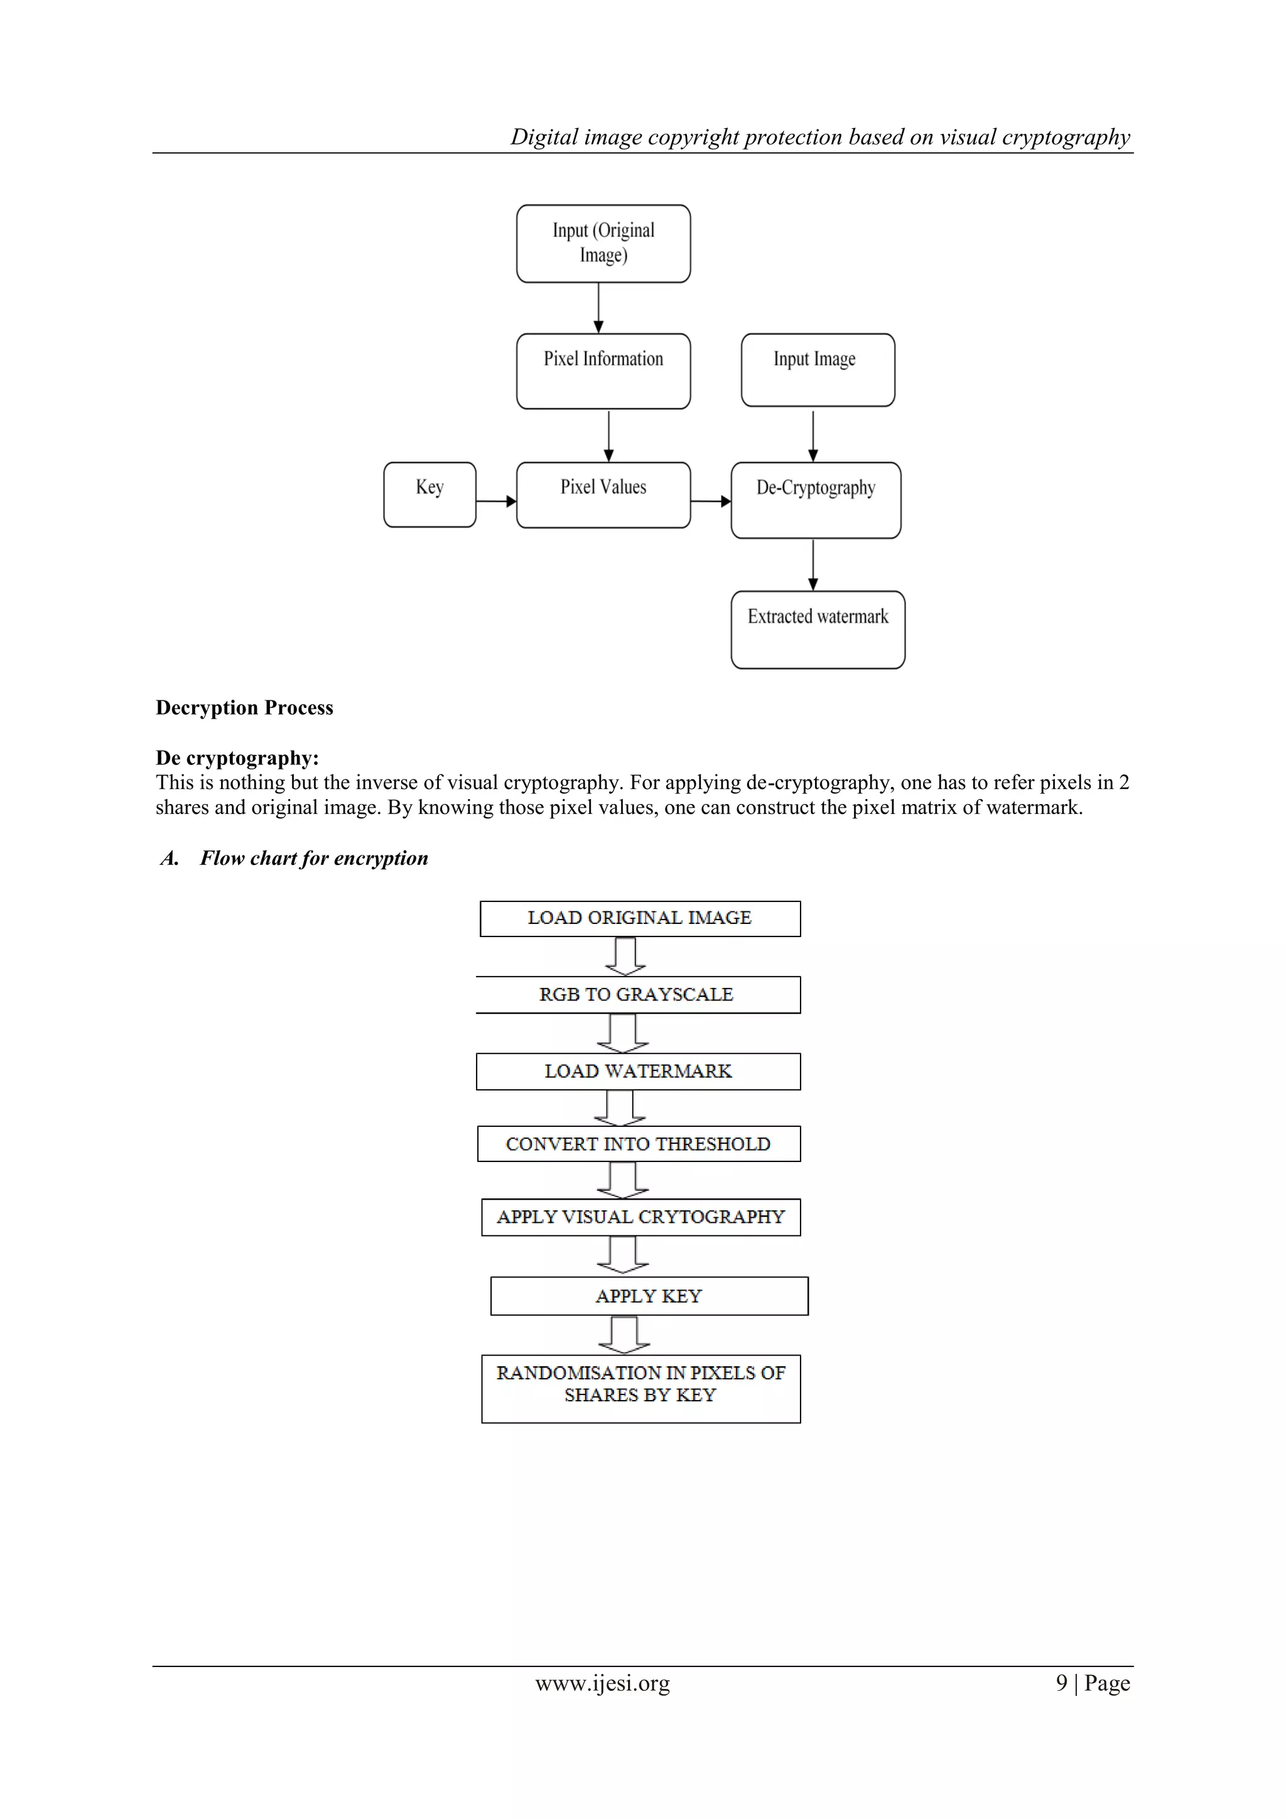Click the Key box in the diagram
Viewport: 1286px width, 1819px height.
click(430, 494)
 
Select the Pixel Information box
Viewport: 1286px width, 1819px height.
click(603, 371)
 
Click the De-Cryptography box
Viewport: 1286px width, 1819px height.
click(816, 500)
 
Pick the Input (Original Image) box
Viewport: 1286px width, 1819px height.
click(603, 243)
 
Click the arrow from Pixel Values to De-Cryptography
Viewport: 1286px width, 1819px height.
click(710, 501)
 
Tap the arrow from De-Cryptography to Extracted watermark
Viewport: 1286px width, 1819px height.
click(813, 565)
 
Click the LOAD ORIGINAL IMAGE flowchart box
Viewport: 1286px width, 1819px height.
click(640, 918)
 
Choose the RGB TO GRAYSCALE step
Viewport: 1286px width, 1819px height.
click(638, 994)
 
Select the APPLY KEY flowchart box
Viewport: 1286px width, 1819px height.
click(649, 1296)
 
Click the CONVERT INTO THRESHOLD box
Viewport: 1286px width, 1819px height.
click(638, 1144)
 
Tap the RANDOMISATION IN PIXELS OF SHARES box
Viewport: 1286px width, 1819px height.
click(640, 1388)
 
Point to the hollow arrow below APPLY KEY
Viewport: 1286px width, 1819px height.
click(624, 1335)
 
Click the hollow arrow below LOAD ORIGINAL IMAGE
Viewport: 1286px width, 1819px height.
click(625, 956)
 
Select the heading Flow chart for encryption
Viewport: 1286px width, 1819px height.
click(313, 858)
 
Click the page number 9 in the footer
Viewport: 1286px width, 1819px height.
click(1061, 1683)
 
